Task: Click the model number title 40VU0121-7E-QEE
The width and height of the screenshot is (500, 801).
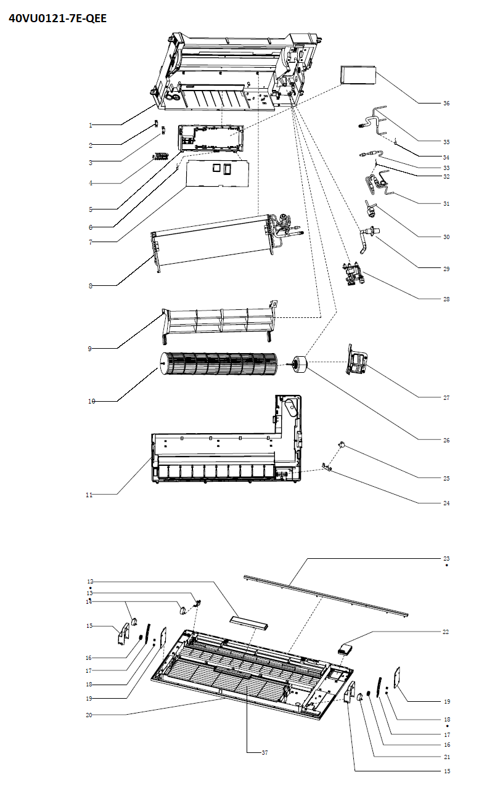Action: point(57,18)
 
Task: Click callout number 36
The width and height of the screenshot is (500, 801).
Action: point(446,104)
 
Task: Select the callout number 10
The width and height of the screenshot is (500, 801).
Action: point(91,402)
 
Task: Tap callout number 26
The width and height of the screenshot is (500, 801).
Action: point(446,441)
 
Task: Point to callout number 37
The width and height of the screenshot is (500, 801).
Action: point(265,752)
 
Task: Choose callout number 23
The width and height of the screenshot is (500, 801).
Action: point(446,559)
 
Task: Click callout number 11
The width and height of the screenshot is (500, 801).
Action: point(89,495)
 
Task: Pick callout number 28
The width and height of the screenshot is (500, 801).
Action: point(446,299)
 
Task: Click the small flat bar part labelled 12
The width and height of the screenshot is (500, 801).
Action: point(249,621)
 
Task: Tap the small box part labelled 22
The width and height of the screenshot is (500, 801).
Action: point(346,648)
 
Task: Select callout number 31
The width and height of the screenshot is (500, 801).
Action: point(446,203)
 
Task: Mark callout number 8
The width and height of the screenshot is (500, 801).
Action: point(90,286)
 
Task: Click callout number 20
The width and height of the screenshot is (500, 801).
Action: point(89,715)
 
